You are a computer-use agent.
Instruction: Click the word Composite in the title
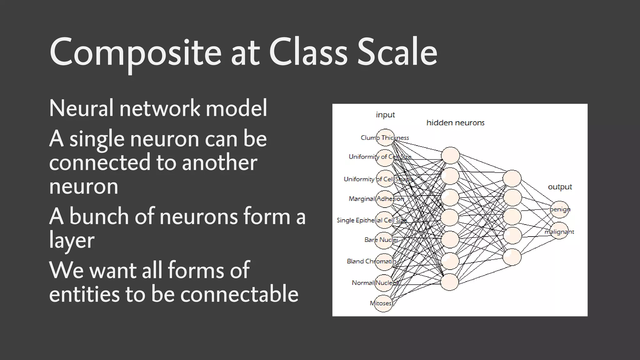click(135, 53)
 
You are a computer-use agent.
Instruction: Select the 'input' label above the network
click(385, 115)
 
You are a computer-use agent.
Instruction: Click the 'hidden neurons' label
click(455, 123)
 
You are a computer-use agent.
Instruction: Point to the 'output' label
click(560, 187)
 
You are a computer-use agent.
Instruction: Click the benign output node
click(559, 209)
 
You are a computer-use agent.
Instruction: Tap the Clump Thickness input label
click(384, 138)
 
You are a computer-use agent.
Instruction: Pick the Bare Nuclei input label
click(381, 240)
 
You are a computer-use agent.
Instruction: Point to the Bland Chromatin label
click(371, 261)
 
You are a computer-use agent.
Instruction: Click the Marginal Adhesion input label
click(376, 199)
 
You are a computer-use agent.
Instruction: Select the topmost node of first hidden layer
click(450, 155)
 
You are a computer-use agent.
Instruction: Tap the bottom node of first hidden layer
click(450, 282)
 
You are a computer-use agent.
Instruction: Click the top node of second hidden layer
click(512, 178)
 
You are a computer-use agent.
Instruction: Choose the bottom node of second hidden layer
click(512, 257)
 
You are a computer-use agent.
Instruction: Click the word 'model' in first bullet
click(236, 108)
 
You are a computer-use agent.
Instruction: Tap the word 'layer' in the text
click(72, 241)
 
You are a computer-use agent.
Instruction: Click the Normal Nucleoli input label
click(375, 283)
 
